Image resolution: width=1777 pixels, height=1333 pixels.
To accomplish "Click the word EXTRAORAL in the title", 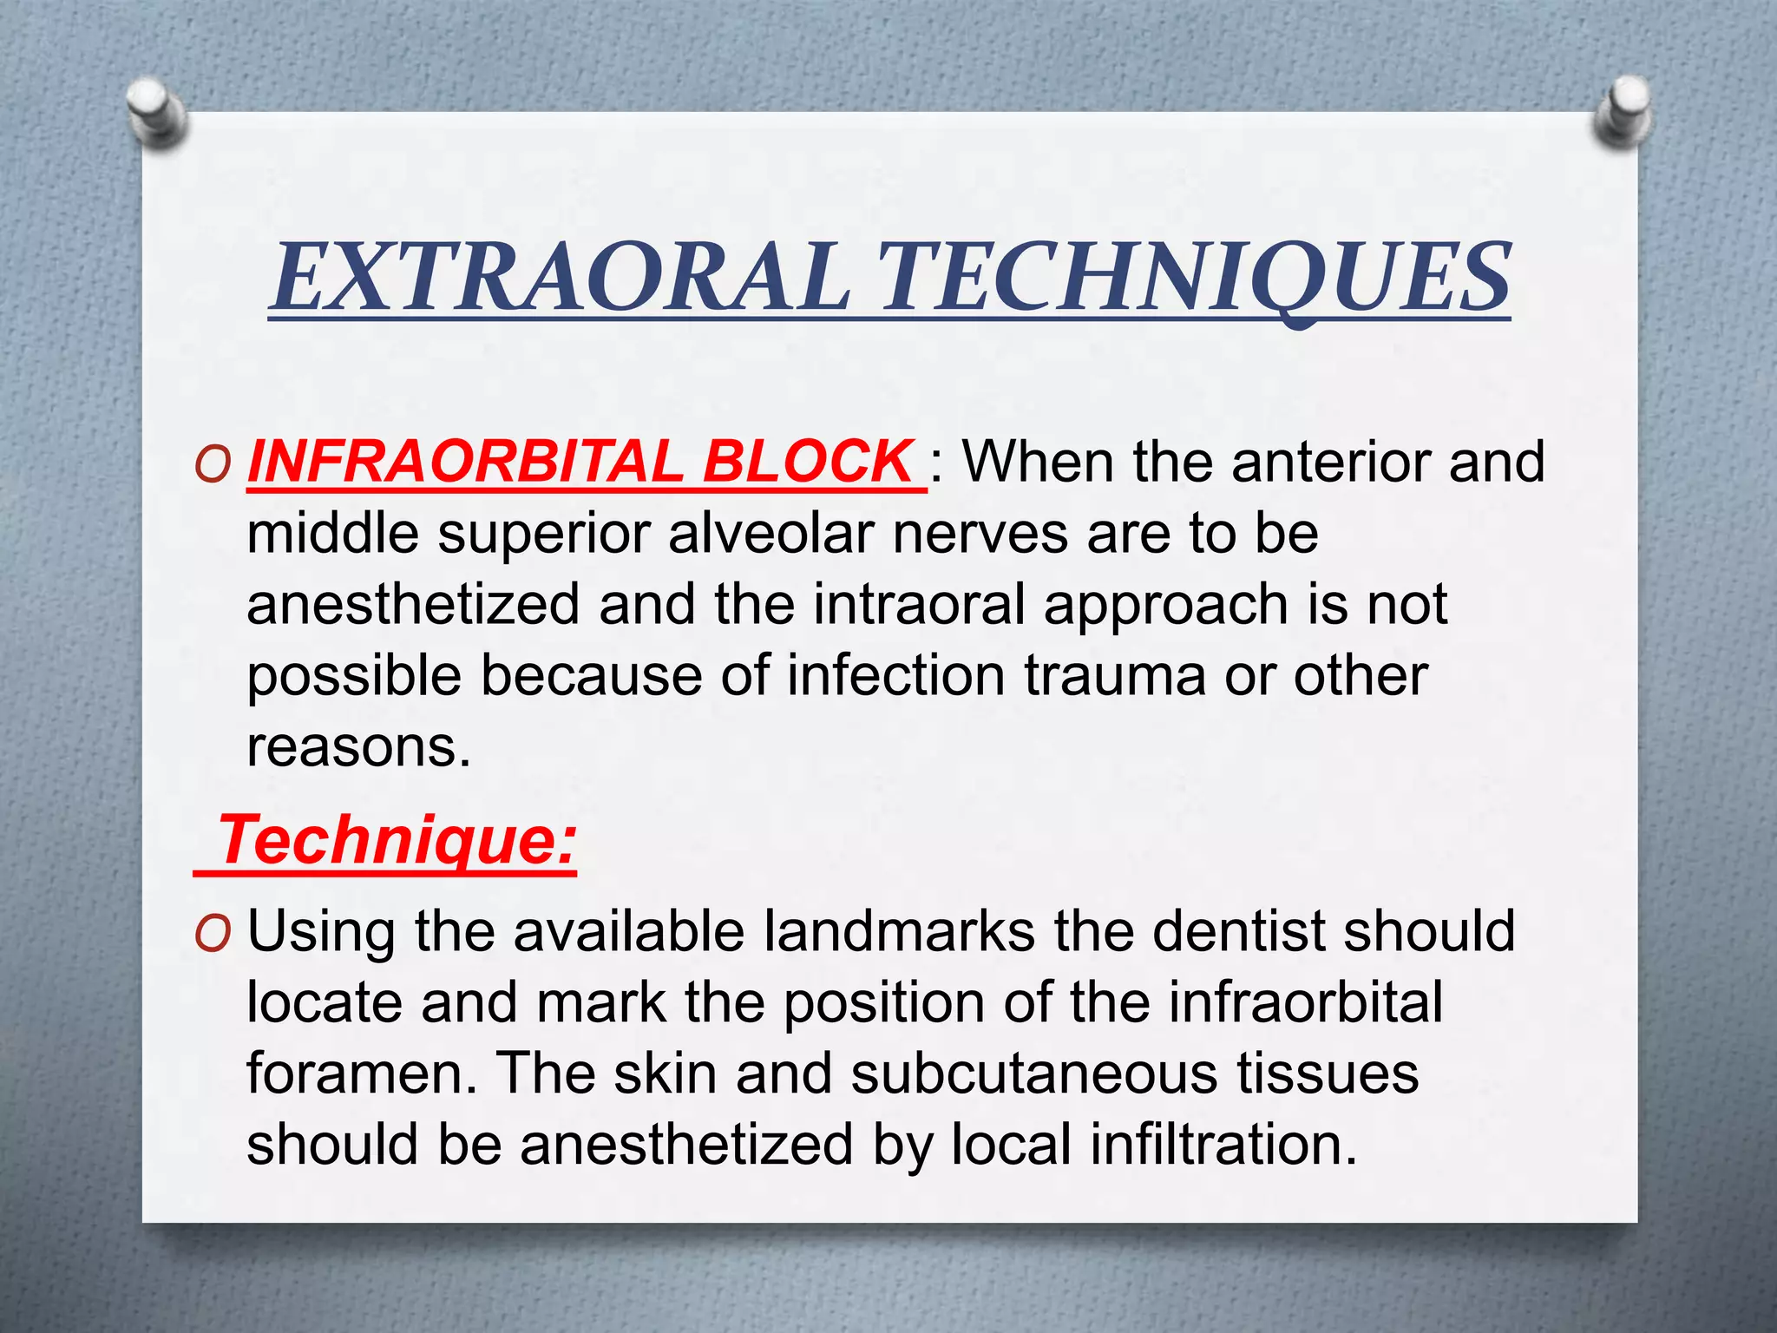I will pos(560,278).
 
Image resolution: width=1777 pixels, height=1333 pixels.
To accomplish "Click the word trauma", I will pos(1115,675).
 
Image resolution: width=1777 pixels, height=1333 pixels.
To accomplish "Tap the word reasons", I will pos(357,746).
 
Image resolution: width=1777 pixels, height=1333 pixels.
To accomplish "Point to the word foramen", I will pos(361,1074).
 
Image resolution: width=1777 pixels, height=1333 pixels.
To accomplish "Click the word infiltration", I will pos(1223,1145).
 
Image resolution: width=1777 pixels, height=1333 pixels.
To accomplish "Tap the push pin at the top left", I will pos(156,111).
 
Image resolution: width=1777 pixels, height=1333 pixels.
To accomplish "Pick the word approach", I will pos(1166,606).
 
